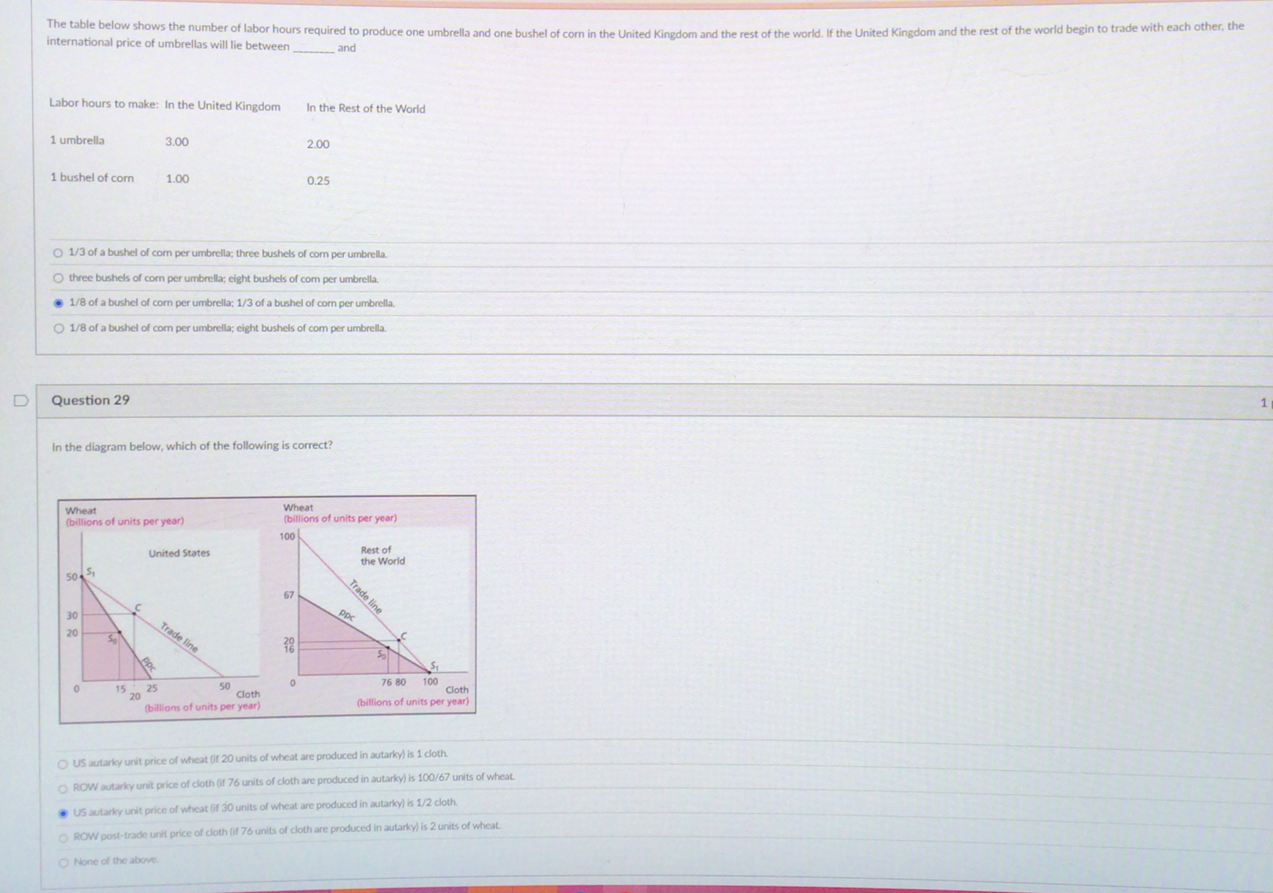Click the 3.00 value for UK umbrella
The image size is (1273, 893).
click(x=177, y=142)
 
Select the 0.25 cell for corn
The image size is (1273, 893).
click(x=318, y=181)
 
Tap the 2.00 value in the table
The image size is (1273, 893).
click(x=318, y=144)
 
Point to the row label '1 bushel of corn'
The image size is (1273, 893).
click(x=92, y=177)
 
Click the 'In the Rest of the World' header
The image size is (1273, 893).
click(x=366, y=109)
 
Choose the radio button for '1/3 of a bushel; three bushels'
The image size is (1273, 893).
click(x=58, y=253)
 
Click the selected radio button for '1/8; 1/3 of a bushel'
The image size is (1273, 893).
click(x=58, y=303)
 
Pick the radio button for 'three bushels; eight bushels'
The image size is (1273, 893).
click(x=58, y=278)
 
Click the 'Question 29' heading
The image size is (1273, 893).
click(x=90, y=400)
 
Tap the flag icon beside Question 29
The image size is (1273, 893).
click(x=20, y=400)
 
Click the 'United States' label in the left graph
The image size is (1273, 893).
click(x=179, y=553)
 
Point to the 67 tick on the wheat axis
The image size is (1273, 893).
click(x=289, y=595)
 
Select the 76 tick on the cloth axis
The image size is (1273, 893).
click(x=386, y=682)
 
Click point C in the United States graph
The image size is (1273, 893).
click(x=134, y=614)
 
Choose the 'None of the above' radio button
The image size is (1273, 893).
click(x=63, y=862)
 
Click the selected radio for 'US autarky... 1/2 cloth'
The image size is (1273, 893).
click(x=63, y=813)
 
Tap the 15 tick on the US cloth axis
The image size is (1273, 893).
click(x=120, y=689)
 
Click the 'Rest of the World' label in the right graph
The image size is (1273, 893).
click(x=383, y=556)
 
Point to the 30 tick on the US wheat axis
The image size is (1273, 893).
click(x=72, y=616)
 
